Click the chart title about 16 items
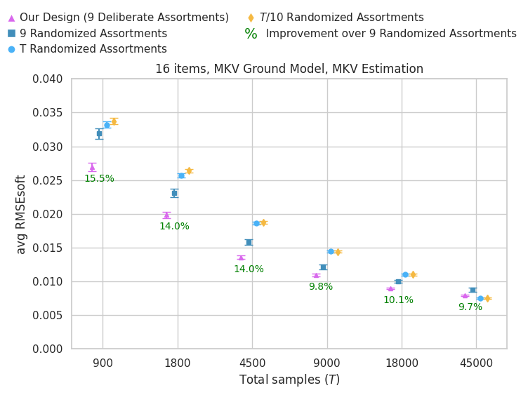pos(289,69)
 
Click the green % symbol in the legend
pos(251,34)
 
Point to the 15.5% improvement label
pos(99,179)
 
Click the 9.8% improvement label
pos(321,287)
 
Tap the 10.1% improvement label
pos(398,300)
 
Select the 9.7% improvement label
pos(470,307)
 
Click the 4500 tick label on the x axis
pos(253,364)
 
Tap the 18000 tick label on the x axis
pos(402,364)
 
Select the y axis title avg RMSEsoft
pos(22,214)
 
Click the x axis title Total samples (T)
pos(289,380)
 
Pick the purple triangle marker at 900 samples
pos(92,167)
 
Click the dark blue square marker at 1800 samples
pos(174,193)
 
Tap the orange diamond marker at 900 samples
pos(114,121)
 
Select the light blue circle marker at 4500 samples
pos(256,223)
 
